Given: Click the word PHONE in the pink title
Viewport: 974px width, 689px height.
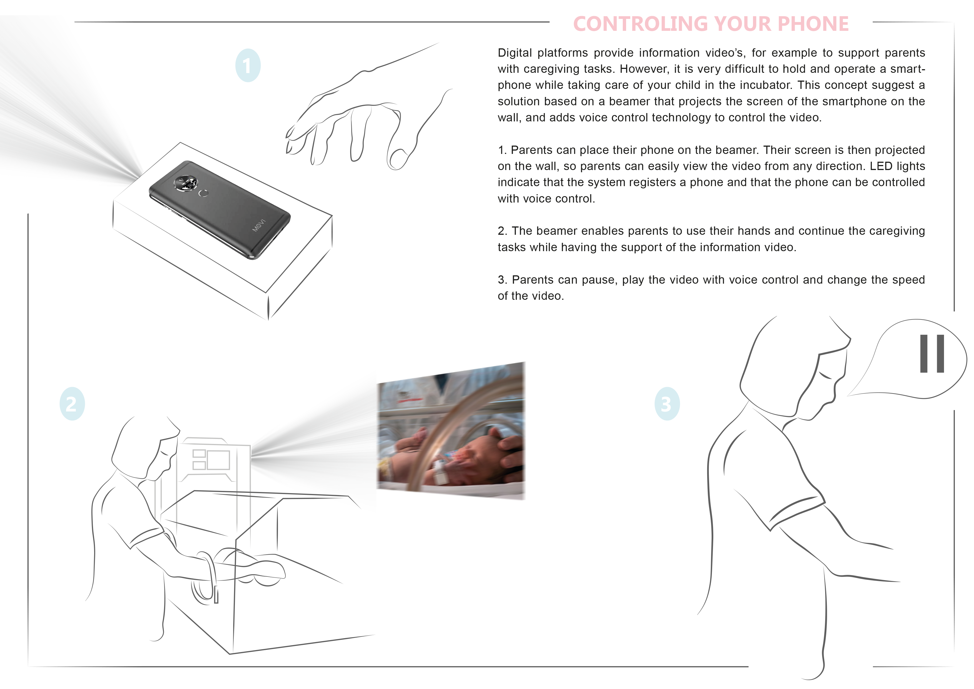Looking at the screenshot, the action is tap(814, 24).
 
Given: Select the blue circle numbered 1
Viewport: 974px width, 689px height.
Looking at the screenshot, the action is tap(248, 65).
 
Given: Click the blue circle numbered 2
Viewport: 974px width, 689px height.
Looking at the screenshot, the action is tap(72, 404).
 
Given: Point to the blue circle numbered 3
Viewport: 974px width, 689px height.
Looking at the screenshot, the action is tap(667, 404).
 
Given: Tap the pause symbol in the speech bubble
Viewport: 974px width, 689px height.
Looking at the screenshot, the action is tap(932, 354).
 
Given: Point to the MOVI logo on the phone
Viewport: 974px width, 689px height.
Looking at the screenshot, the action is tap(259, 225).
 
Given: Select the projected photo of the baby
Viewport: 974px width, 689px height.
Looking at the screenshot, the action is tap(451, 431).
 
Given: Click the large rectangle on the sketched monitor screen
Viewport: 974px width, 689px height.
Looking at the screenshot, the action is tap(219, 460).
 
